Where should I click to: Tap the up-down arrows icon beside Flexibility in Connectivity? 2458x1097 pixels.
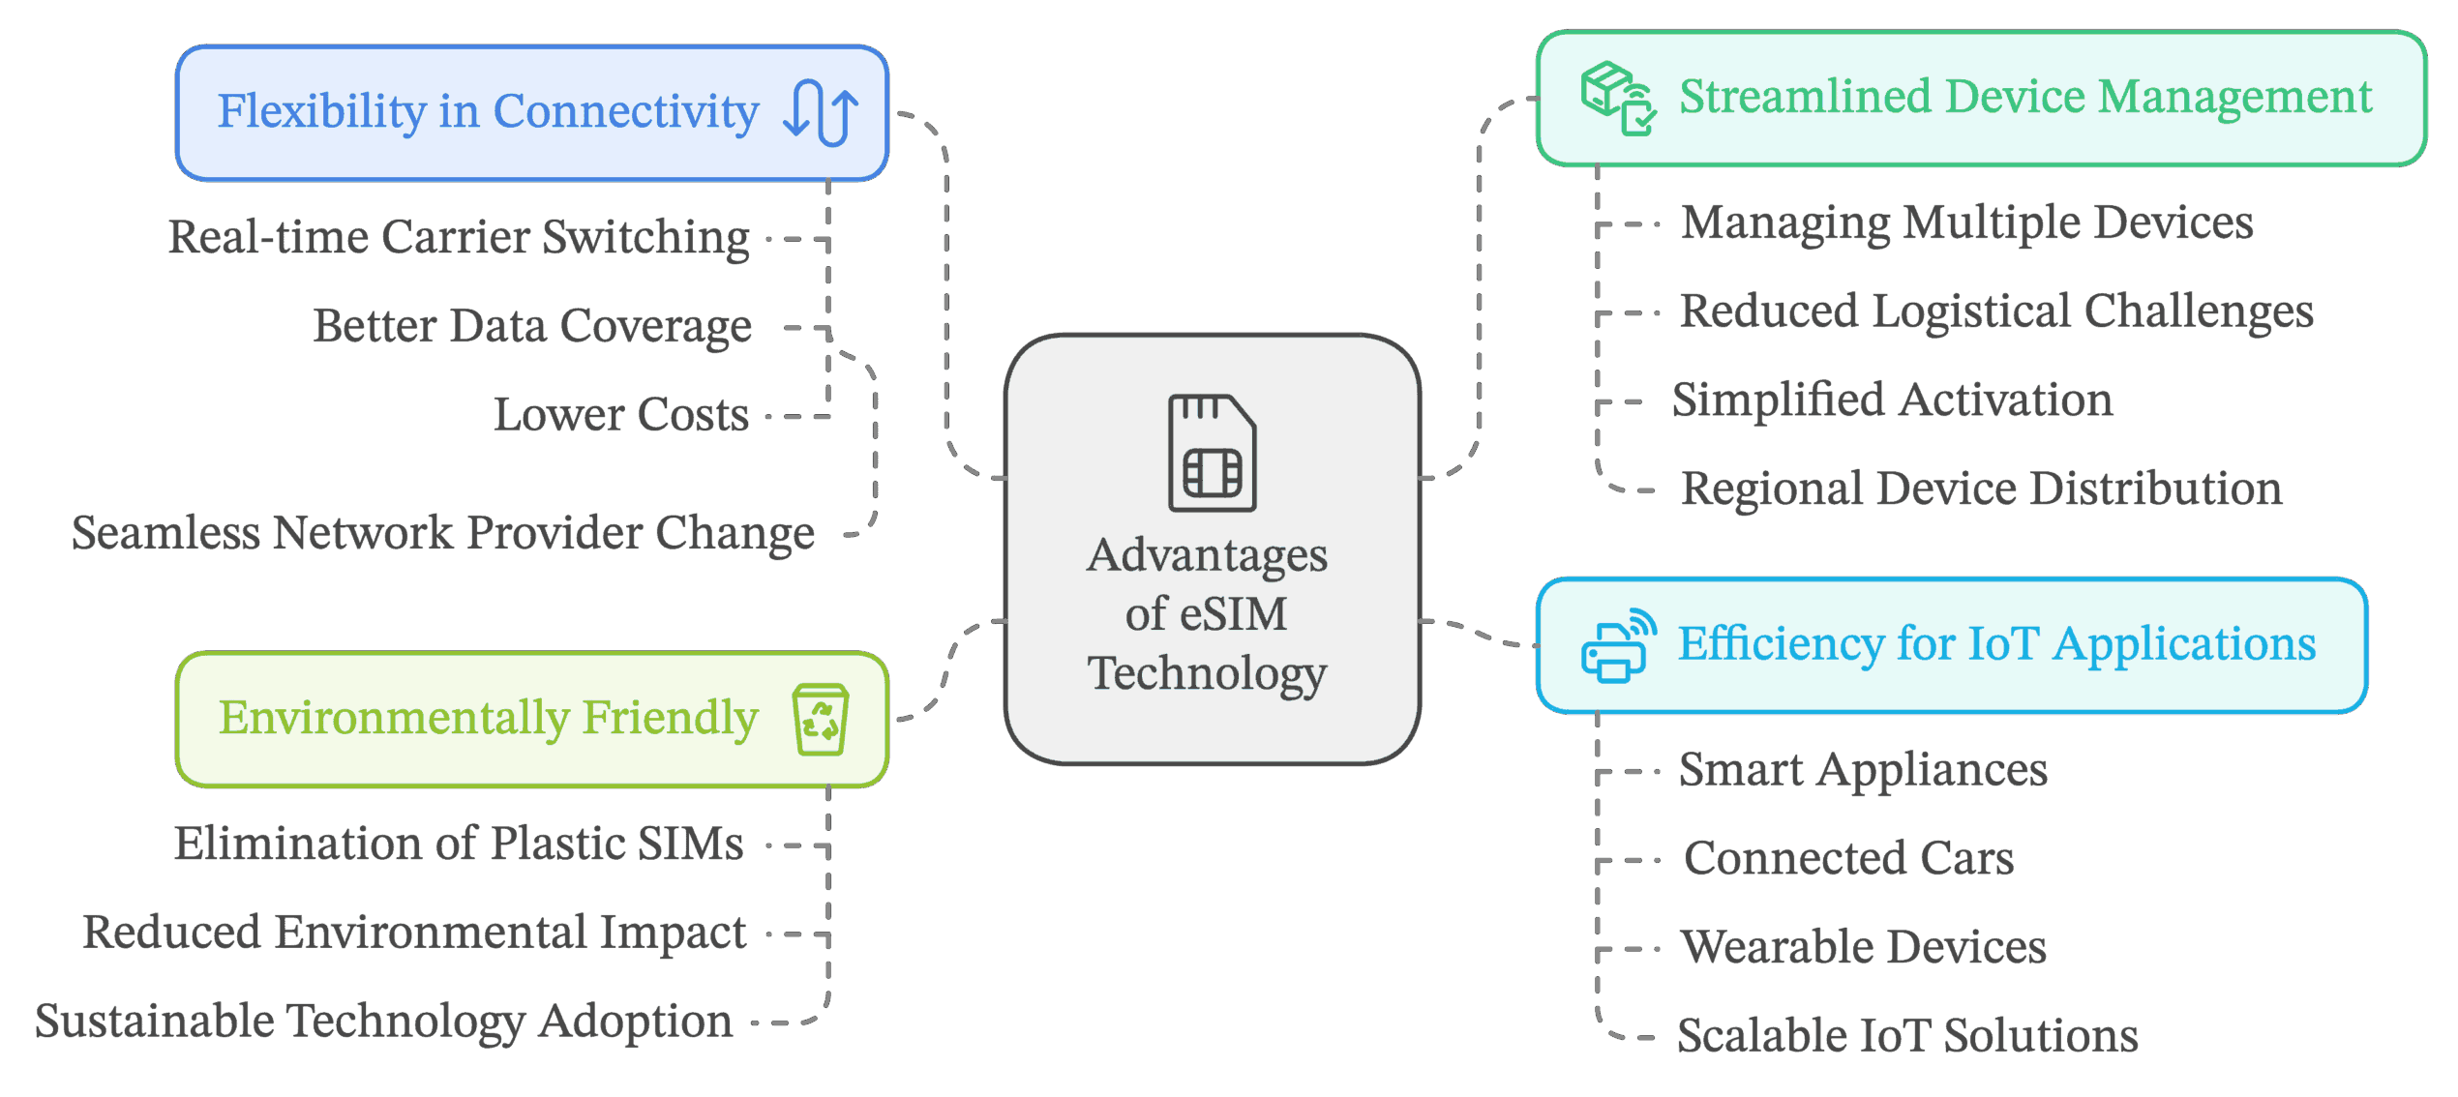(821, 112)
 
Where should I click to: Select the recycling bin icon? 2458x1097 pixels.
(821, 719)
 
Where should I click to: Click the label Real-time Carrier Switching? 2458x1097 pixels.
(459, 237)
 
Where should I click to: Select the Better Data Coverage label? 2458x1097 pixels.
(532, 326)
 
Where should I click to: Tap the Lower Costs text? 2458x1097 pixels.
(621, 415)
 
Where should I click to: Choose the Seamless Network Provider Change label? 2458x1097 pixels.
(443, 533)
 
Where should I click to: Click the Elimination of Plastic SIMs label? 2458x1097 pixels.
(459, 844)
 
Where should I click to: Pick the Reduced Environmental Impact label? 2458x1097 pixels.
(414, 933)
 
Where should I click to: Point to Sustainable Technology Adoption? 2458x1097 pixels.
(384, 1022)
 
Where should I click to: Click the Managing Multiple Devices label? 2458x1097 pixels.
(1966, 223)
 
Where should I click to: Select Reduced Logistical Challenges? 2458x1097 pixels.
(1996, 311)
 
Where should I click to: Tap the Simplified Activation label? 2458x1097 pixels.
(1893, 400)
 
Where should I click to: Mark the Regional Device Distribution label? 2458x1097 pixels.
(1981, 489)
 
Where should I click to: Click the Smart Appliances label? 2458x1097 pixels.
(1863, 770)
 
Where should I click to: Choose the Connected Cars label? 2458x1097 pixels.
(1848, 858)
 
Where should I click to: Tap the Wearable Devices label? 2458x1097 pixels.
(1864, 947)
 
